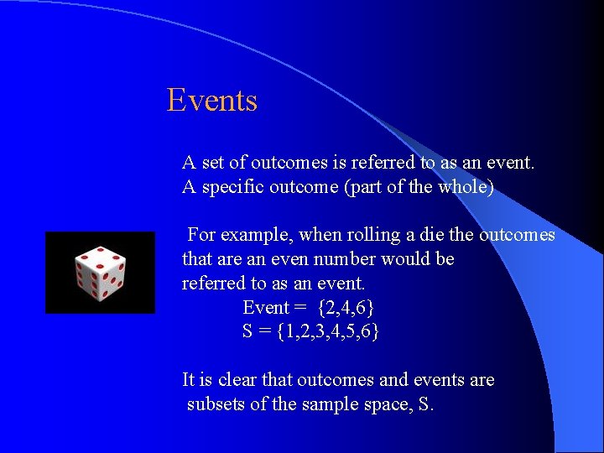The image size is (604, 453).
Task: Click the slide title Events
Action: (x=211, y=101)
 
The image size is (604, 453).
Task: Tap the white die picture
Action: (x=100, y=273)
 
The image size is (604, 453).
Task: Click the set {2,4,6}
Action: (x=346, y=308)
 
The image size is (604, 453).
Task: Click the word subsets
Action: (x=216, y=404)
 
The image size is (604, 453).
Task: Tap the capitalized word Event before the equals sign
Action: (x=265, y=308)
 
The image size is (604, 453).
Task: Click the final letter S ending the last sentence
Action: (x=424, y=404)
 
